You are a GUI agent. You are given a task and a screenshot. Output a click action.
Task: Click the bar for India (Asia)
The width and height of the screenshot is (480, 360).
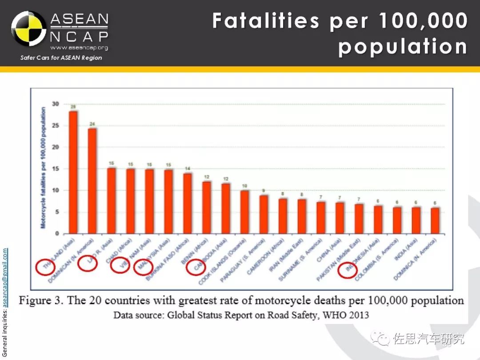pos(416,220)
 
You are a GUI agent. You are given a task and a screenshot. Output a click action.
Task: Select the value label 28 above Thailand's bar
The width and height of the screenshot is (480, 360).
pos(73,106)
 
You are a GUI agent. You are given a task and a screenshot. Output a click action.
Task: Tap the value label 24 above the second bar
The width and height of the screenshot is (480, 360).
pos(92,124)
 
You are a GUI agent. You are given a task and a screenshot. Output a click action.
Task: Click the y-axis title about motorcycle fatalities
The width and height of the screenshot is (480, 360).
pos(43,168)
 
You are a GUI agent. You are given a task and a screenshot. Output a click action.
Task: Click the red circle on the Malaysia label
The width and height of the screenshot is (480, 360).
pos(143,267)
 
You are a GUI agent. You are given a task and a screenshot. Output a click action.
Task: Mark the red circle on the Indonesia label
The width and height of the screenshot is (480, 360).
pos(348,270)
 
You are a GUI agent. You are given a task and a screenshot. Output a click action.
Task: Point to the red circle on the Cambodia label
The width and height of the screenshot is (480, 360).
pos(196,267)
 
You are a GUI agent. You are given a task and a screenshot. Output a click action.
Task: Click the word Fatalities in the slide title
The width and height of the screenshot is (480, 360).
pos(265,21)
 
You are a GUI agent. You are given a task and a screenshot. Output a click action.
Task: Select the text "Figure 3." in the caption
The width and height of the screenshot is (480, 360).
pos(41,301)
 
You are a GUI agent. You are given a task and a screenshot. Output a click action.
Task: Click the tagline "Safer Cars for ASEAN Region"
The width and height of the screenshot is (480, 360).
pos(61,58)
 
